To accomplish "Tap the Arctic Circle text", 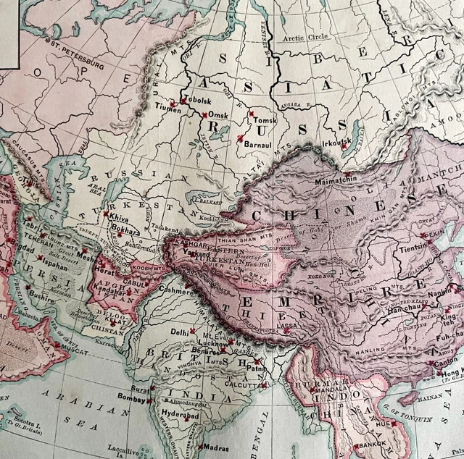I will coord(304,37).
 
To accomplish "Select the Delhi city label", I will coord(179,332).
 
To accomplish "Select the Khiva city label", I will coord(119,216).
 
